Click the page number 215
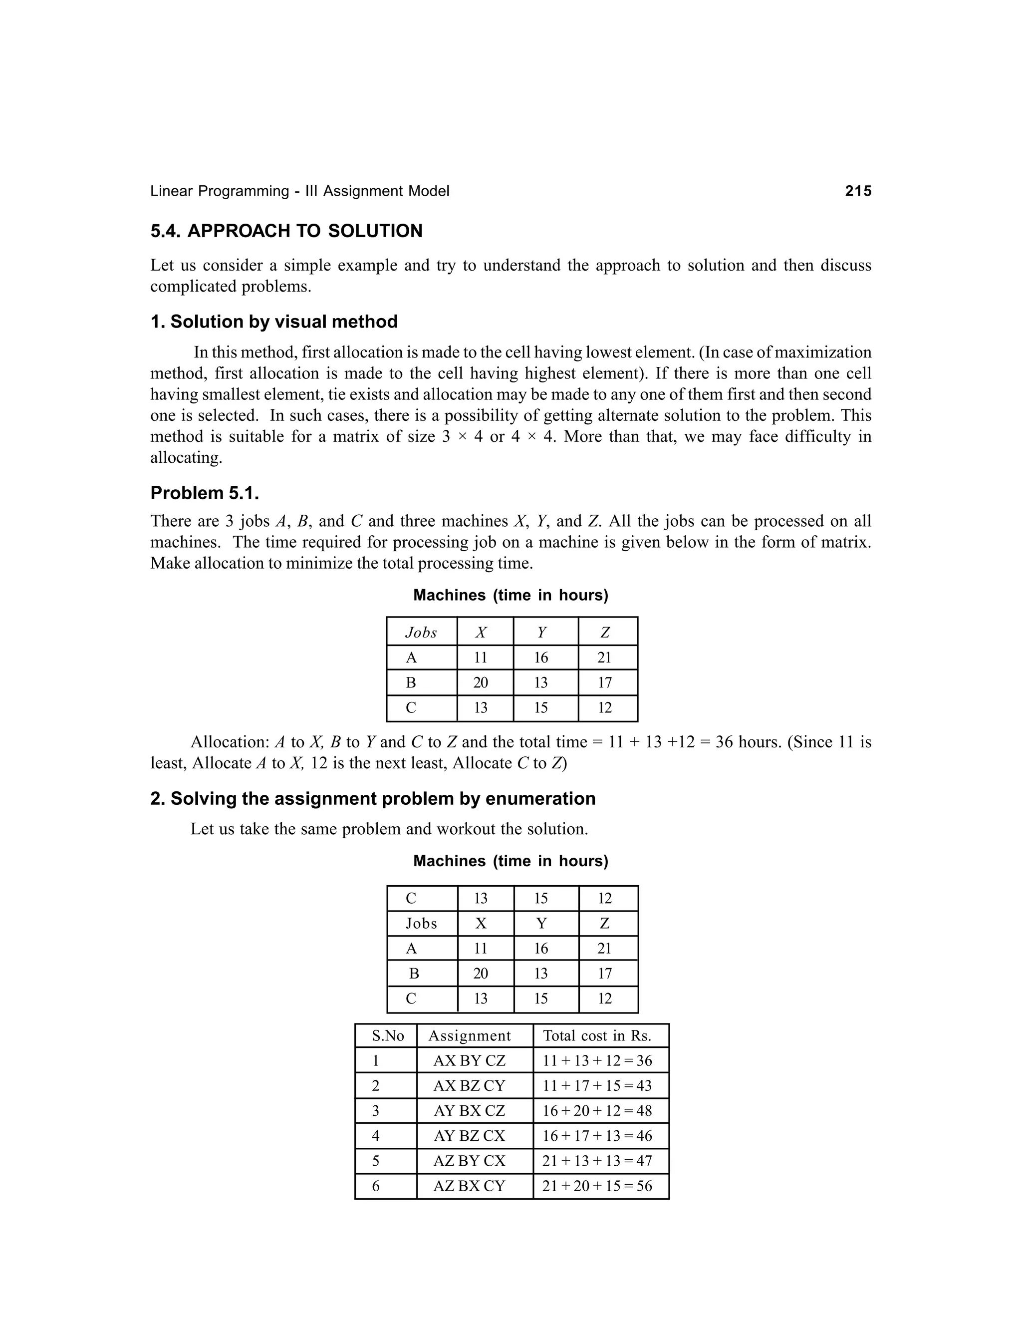(858, 191)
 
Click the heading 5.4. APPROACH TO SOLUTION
(286, 232)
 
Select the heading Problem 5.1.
(205, 493)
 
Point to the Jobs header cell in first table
(421, 633)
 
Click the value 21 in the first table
(604, 658)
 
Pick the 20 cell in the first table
(481, 682)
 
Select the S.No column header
(387, 1036)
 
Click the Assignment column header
(469, 1036)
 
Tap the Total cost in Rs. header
(597, 1036)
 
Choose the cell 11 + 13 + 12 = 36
(597, 1061)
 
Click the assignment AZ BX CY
(469, 1186)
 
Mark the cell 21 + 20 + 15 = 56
(597, 1186)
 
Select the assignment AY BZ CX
(469, 1136)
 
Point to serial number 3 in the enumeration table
(375, 1110)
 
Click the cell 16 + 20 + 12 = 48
(597, 1110)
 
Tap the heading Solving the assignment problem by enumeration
(383, 799)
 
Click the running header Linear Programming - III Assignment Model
(300, 191)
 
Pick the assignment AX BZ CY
(469, 1085)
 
